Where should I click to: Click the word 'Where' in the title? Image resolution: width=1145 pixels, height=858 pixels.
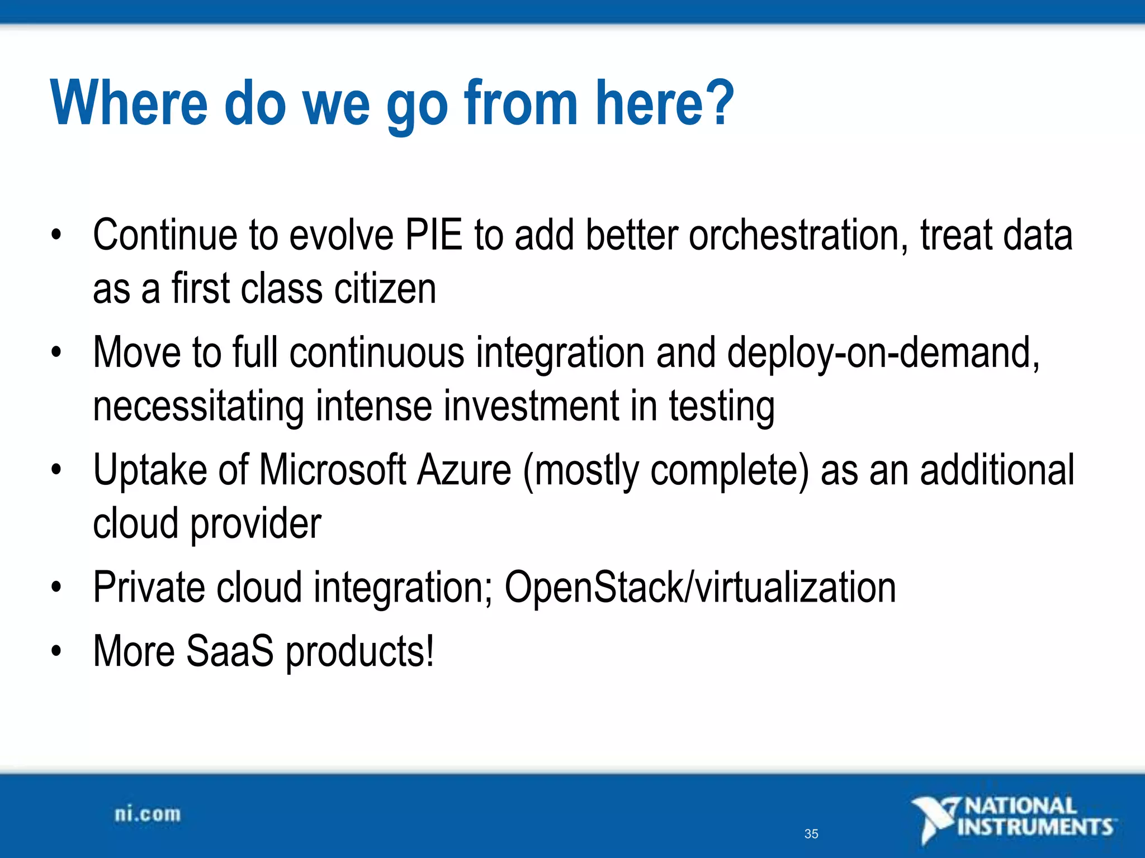click(129, 103)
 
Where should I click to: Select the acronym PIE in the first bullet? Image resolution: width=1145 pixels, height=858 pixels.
click(434, 235)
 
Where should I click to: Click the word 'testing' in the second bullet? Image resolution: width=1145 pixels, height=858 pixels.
click(722, 407)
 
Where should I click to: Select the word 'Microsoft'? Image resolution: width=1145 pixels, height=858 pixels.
click(333, 470)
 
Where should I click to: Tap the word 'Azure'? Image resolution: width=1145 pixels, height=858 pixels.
click(464, 470)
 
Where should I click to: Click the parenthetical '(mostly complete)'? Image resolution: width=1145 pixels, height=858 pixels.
click(665, 471)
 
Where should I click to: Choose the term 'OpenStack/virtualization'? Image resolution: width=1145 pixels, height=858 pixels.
click(700, 588)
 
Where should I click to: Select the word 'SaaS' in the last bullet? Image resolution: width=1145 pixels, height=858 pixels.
click(230, 651)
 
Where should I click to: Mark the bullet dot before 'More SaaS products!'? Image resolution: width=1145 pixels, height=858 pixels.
click(55, 651)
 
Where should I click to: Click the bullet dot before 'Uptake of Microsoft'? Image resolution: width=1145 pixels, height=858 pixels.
click(55, 470)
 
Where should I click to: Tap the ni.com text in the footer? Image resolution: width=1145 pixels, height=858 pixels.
click(148, 814)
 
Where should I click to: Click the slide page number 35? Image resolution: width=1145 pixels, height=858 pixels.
click(811, 834)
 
